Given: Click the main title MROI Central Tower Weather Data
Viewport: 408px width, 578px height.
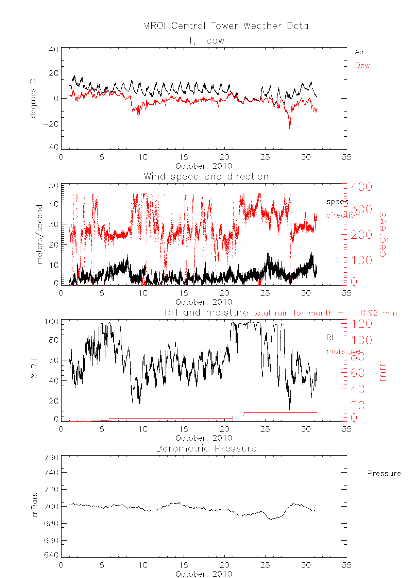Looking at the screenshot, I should [x=225, y=26].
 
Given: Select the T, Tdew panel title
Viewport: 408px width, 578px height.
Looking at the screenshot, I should [x=206, y=40].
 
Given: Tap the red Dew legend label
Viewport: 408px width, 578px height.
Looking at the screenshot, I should [x=362, y=66].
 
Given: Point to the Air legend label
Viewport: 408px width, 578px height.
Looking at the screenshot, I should [x=359, y=52].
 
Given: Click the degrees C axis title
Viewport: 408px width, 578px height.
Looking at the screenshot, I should [x=33, y=99].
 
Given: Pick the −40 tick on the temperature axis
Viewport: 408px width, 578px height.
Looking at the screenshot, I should [x=51, y=147].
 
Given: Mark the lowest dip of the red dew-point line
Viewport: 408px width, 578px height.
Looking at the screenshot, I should [x=290, y=130].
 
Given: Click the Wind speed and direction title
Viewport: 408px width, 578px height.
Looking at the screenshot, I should [x=206, y=176].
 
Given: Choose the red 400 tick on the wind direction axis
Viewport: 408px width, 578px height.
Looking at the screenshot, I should [x=361, y=187].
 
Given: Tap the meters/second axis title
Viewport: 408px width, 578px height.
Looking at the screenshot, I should [x=40, y=234].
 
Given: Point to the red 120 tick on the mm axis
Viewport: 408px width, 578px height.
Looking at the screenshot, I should [x=361, y=324].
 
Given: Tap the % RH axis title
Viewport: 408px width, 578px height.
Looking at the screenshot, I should [x=34, y=370].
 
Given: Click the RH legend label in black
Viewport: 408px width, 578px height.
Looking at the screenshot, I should [x=331, y=337].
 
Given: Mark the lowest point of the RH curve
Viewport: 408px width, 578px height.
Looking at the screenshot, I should [x=289, y=409].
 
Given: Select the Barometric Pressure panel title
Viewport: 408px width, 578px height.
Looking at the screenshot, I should [x=206, y=448].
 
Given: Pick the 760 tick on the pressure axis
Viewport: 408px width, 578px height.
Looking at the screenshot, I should [x=52, y=458].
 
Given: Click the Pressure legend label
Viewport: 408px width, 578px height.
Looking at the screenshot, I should [x=384, y=474].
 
